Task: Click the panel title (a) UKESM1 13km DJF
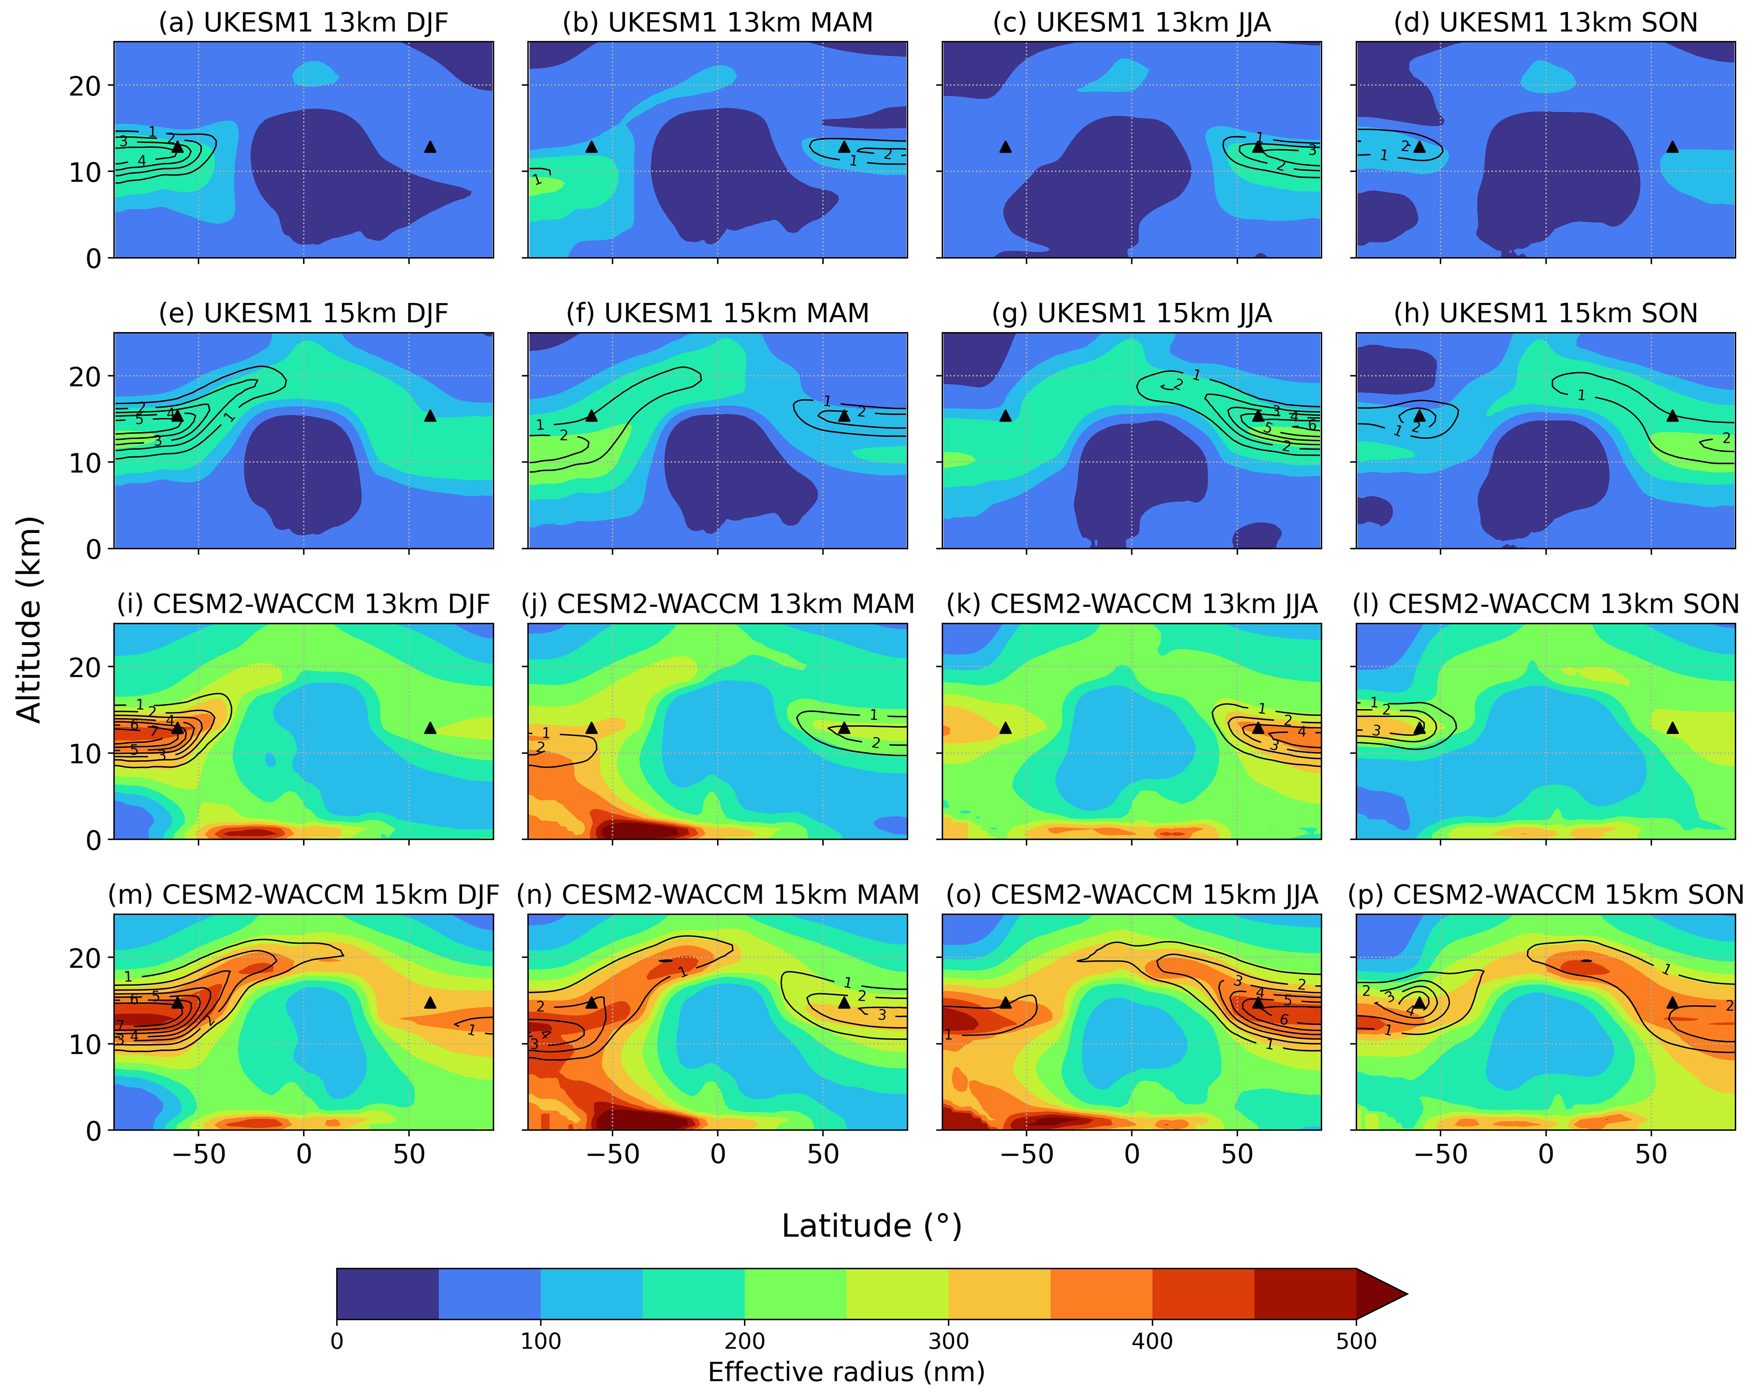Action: point(303,23)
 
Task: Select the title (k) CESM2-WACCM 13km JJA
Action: point(1131,605)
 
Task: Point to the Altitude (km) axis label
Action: point(29,620)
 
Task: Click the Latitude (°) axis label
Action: point(871,1226)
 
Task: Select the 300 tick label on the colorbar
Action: point(948,1341)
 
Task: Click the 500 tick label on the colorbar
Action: point(1356,1341)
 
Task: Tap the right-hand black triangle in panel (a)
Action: point(430,147)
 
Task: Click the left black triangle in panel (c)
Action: point(1006,147)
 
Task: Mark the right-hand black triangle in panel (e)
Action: point(430,416)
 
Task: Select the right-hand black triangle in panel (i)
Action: point(430,728)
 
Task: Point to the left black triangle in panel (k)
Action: point(1006,728)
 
